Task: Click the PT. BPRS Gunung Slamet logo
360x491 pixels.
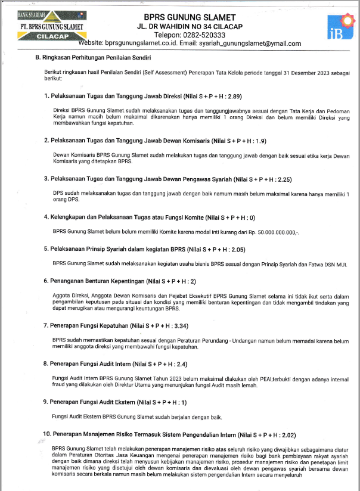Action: [x=51, y=24]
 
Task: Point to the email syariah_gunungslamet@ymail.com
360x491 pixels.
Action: [x=250, y=43]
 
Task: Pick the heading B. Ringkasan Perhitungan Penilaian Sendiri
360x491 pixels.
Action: [x=93, y=58]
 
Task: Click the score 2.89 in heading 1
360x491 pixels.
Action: [x=233, y=96]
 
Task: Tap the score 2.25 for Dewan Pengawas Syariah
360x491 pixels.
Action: [x=285, y=179]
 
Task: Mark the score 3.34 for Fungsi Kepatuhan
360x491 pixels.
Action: [x=180, y=326]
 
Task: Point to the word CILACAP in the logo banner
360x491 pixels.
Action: [x=51, y=36]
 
